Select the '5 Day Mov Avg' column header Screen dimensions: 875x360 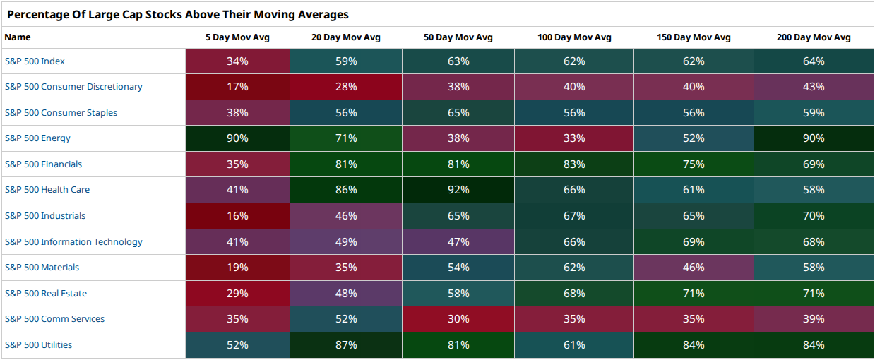pyautogui.click(x=237, y=37)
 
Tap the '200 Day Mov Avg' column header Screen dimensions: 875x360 pyautogui.click(x=814, y=37)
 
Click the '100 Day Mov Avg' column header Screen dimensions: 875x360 pyautogui.click(x=574, y=37)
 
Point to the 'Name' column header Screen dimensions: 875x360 pyautogui.click(x=18, y=37)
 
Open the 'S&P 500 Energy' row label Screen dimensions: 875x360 pyautogui.click(x=37, y=138)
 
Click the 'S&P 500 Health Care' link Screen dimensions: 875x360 pyautogui.click(x=47, y=190)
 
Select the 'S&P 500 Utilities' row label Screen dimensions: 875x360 pyautogui.click(x=38, y=345)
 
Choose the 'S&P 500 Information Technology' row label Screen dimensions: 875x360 pyautogui.click(x=73, y=242)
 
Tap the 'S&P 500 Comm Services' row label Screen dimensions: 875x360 pyautogui.click(x=54, y=319)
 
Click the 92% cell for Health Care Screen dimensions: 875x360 pyautogui.click(x=458, y=190)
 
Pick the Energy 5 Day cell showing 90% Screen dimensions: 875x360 pyautogui.click(x=237, y=138)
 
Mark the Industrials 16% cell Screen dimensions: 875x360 pyautogui.click(x=237, y=216)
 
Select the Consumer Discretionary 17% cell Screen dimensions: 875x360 pyautogui.click(x=237, y=87)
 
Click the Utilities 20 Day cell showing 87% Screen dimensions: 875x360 pyautogui.click(x=346, y=345)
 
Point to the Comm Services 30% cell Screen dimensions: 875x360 pyautogui.click(x=458, y=319)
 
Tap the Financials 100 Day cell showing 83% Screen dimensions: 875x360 pyautogui.click(x=574, y=164)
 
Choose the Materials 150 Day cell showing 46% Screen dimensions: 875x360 pyautogui.click(x=694, y=268)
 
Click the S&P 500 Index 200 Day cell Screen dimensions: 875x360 pyautogui.click(x=814, y=61)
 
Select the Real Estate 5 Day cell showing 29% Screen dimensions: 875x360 pyautogui.click(x=237, y=294)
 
